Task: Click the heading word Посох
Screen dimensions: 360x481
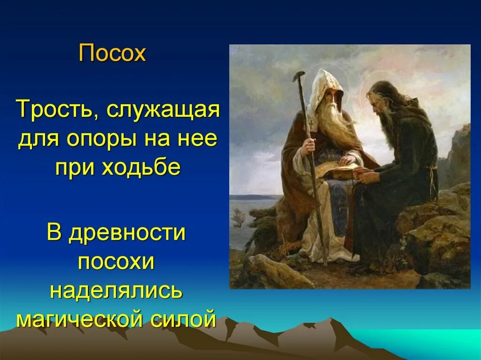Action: (x=112, y=54)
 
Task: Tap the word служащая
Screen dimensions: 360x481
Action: (x=163, y=112)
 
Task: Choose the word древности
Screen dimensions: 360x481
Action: (x=126, y=233)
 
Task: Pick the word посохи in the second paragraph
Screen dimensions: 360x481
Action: (x=116, y=262)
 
